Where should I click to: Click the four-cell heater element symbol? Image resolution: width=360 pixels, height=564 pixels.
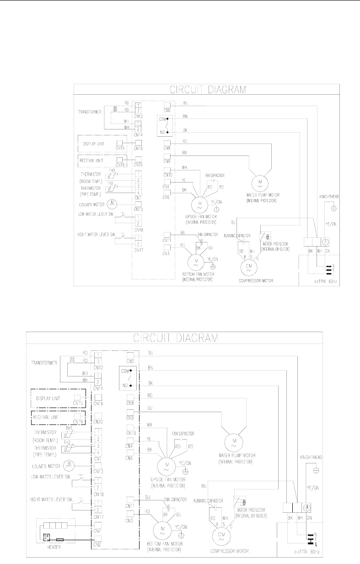[53, 523]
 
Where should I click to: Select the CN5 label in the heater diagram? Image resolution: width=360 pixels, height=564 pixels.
[130, 362]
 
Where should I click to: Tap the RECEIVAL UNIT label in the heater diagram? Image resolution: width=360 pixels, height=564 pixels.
[50, 417]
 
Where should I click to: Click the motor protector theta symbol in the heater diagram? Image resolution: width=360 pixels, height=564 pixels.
[243, 502]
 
